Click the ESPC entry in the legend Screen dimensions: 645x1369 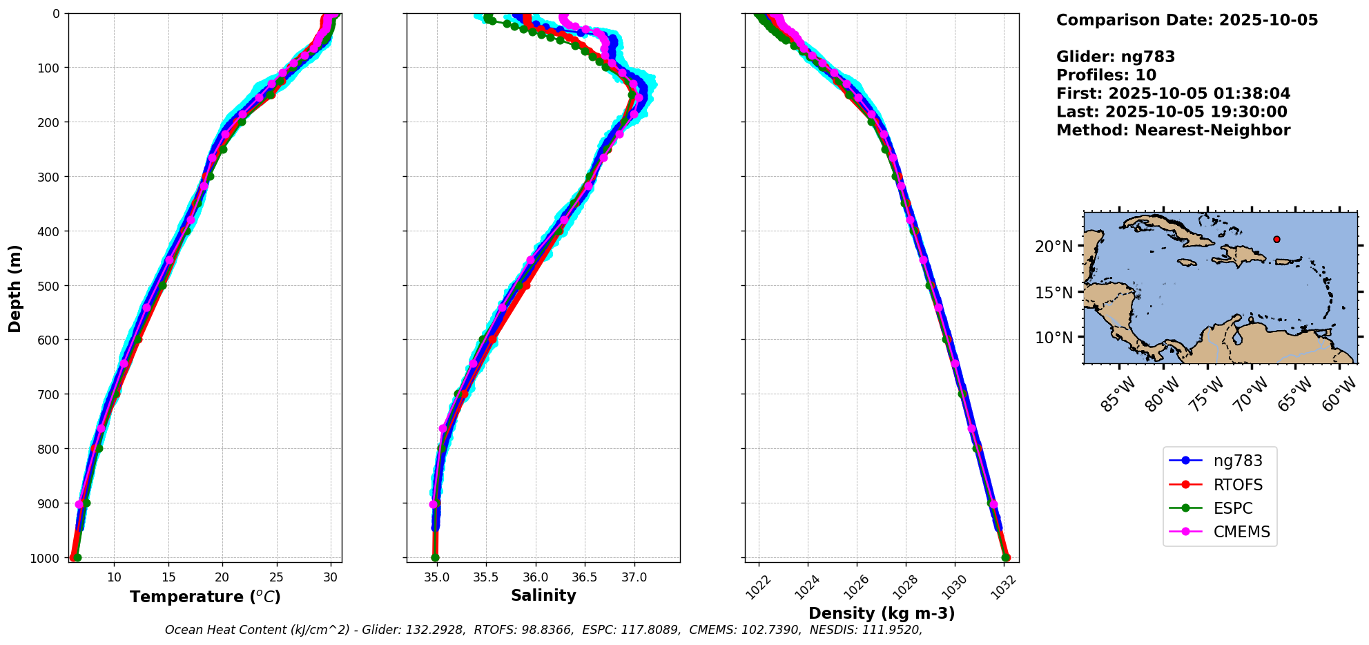coord(1232,508)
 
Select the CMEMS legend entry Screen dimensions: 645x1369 coord(1241,532)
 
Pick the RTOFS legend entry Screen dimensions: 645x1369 coord(1233,485)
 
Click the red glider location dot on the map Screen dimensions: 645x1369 coord(1276,240)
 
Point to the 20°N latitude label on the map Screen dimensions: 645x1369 coord(1054,247)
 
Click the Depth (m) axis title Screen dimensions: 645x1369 coord(15,288)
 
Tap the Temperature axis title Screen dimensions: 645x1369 coord(205,597)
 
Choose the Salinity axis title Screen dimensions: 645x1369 coord(543,595)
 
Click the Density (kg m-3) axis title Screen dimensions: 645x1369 coord(882,613)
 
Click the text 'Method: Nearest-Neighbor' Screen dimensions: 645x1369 coord(1173,130)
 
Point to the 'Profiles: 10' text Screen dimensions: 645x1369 coord(1106,75)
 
